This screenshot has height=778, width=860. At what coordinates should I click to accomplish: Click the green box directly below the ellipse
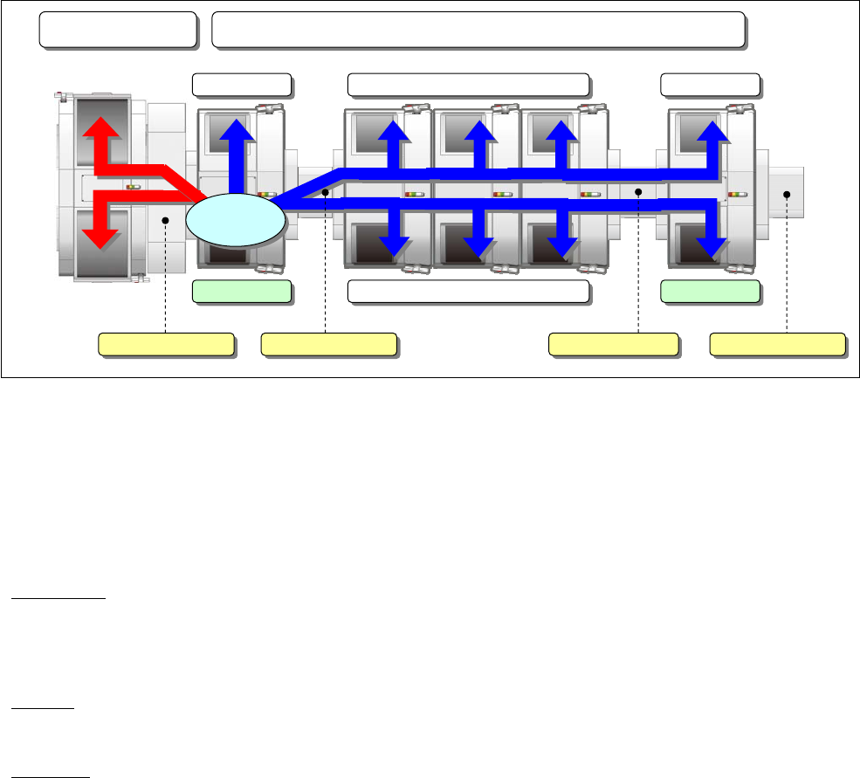pyautogui.click(x=242, y=292)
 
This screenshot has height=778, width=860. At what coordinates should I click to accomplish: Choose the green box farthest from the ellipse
pyautogui.click(x=710, y=292)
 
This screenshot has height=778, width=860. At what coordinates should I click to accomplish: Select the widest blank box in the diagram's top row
pyautogui.click(x=478, y=31)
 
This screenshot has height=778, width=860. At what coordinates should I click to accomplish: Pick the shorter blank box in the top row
pyautogui.click(x=118, y=31)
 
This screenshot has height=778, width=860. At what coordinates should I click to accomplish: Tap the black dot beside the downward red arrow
pyautogui.click(x=165, y=222)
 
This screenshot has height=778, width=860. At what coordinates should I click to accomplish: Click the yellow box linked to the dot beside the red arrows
pyautogui.click(x=166, y=345)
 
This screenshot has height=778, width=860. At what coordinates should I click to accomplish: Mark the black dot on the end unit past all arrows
pyautogui.click(x=788, y=195)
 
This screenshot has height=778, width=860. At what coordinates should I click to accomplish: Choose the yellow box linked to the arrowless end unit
pyautogui.click(x=777, y=345)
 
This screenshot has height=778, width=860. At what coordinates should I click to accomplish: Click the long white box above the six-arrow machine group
pyautogui.click(x=468, y=85)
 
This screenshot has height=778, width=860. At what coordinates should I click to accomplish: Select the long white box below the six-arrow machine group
pyautogui.click(x=468, y=292)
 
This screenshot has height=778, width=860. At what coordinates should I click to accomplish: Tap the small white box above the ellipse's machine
pyautogui.click(x=242, y=85)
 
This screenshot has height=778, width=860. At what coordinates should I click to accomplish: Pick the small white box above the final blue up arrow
pyautogui.click(x=710, y=85)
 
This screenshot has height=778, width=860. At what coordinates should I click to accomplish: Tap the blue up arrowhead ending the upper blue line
pyautogui.click(x=716, y=130)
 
